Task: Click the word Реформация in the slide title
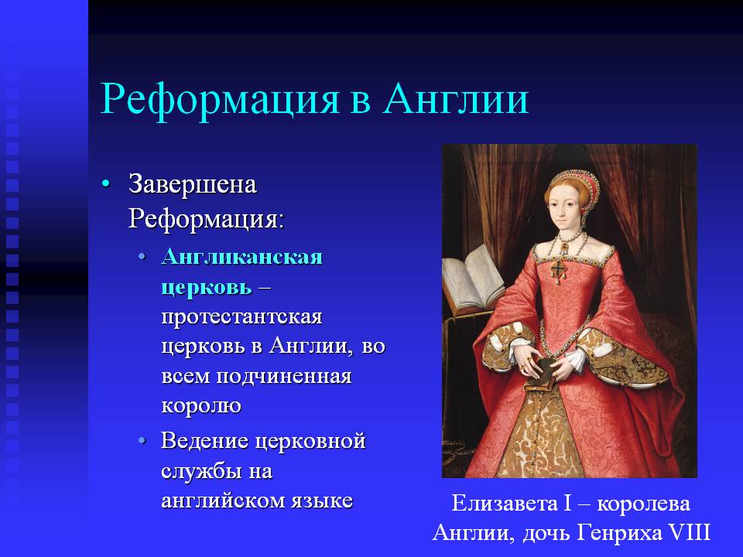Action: pyautogui.click(x=220, y=101)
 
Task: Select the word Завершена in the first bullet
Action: pyautogui.click(x=193, y=184)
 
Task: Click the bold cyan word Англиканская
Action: pyautogui.click(x=241, y=256)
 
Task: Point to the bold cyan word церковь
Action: pyautogui.click(x=207, y=287)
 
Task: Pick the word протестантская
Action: pyautogui.click(x=241, y=316)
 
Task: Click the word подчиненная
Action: pyautogui.click(x=284, y=376)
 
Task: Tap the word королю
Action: pyautogui.click(x=201, y=405)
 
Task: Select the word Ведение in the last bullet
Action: pyautogui.click(x=204, y=440)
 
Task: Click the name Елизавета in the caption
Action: pyautogui.click(x=504, y=503)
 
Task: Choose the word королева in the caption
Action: pyautogui.click(x=643, y=504)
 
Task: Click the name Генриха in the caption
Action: pyautogui.click(x=621, y=533)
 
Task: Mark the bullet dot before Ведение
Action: pyautogui.click(x=142, y=440)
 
